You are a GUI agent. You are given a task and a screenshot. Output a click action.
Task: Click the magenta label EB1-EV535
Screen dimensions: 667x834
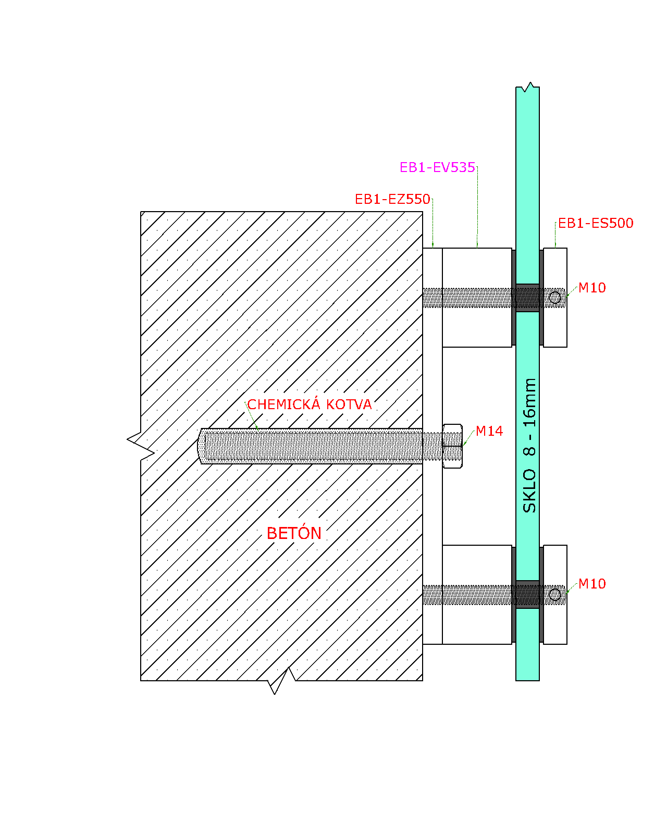(x=437, y=167)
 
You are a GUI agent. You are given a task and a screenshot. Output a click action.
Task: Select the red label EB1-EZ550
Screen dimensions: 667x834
(x=392, y=199)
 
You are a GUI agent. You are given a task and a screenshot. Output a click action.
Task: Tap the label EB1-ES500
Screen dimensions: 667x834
(x=595, y=223)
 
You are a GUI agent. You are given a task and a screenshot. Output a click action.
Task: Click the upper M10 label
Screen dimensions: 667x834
(x=592, y=288)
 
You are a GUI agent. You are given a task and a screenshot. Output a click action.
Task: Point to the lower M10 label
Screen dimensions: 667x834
(x=592, y=584)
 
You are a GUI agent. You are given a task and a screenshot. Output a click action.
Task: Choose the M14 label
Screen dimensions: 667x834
(x=489, y=432)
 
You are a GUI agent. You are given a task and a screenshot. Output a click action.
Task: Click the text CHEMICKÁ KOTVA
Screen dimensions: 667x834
(x=310, y=404)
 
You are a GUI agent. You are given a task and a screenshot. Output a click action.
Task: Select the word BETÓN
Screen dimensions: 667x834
(x=294, y=533)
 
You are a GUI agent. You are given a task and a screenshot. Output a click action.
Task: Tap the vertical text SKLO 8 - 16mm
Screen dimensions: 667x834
(x=529, y=445)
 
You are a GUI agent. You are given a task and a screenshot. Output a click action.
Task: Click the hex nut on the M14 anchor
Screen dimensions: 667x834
(x=452, y=446)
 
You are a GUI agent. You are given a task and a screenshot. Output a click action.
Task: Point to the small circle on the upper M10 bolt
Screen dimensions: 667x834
(x=555, y=298)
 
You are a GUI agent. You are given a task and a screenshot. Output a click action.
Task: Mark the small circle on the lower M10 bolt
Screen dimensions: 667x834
(x=555, y=595)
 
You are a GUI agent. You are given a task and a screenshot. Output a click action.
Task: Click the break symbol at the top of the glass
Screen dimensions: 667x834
(x=528, y=87)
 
